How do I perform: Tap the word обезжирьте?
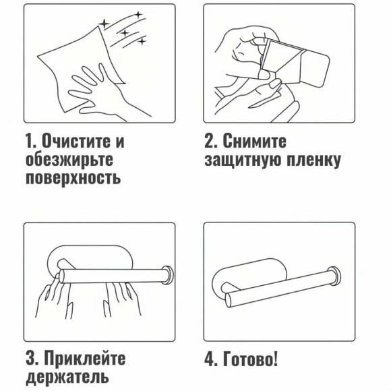(67, 160)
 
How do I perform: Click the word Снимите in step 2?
(254, 143)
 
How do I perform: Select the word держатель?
(67, 376)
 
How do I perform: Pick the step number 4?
(210, 359)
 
